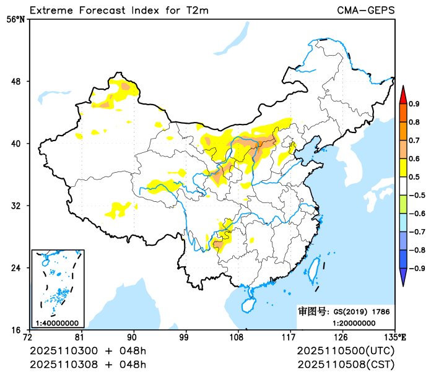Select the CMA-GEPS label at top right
(365, 10)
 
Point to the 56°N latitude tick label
(15, 19)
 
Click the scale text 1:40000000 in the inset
(57, 323)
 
